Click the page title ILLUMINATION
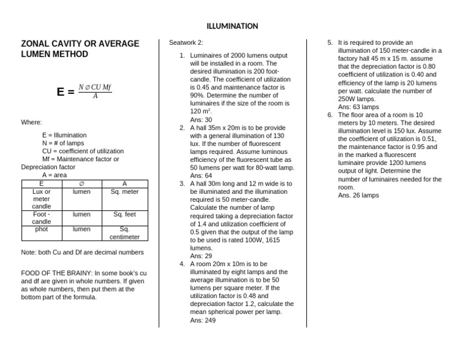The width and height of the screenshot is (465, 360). (232, 26)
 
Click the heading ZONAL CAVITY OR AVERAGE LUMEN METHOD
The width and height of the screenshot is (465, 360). (80, 49)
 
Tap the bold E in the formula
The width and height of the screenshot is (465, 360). (61, 92)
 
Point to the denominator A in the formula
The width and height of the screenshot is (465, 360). (95, 96)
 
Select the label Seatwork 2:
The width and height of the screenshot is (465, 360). (186, 43)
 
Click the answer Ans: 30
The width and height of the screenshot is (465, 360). (201, 120)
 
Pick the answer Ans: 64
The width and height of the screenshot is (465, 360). (201, 176)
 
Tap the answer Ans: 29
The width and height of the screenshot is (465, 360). (201, 256)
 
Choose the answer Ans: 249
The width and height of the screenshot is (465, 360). (203, 320)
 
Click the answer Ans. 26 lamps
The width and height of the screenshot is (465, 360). (358, 195)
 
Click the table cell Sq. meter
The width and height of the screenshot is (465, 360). (125, 191)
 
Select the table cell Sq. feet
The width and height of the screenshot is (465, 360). (125, 214)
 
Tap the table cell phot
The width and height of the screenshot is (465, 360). (41, 229)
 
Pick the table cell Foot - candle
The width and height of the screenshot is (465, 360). (41, 218)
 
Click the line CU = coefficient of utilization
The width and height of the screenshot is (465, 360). (83, 151)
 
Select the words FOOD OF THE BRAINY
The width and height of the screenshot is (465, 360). (56, 273)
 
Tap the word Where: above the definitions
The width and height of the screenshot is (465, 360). (31, 122)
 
